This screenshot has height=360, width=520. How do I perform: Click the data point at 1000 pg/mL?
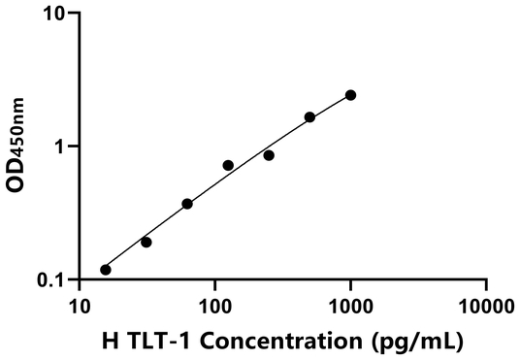tap(350, 95)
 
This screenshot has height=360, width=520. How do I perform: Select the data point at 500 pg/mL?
tap(309, 117)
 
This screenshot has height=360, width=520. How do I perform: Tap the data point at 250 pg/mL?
tap(269, 155)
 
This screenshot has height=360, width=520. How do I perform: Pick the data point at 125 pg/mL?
tap(228, 166)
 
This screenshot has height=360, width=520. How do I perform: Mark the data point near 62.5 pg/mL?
tap(187, 204)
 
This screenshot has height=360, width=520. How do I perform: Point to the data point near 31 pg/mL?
tap(146, 242)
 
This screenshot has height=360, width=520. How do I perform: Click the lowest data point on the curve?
tap(106, 270)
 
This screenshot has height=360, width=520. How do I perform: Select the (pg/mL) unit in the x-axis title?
tap(415, 342)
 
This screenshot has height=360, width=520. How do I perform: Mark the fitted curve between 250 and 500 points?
tap(289, 135)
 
